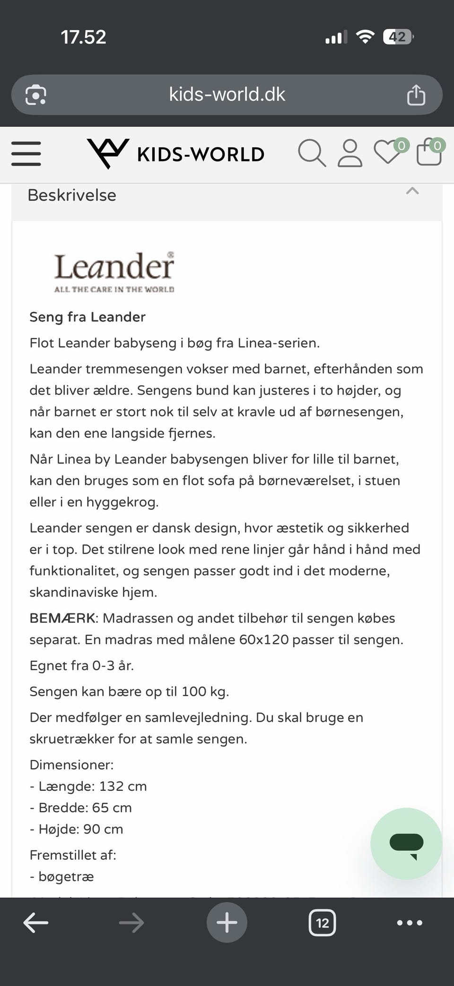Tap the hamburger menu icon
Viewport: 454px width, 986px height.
coord(26,154)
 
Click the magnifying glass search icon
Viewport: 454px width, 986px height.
coord(312,153)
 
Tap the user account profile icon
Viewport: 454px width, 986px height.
coord(350,153)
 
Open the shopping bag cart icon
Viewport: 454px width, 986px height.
coord(429,152)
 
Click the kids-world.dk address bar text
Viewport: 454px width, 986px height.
coord(227,94)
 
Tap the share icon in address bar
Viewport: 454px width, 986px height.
coord(416,95)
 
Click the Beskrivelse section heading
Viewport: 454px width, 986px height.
coord(72,195)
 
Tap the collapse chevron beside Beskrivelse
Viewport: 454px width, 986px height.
coord(412,191)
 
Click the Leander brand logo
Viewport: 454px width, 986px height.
coord(114,272)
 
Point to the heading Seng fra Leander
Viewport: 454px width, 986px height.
coord(87,317)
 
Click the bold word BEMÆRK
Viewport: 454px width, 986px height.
coord(63,618)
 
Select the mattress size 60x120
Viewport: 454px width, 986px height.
coord(264,640)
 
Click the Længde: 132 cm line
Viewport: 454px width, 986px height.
coord(88,786)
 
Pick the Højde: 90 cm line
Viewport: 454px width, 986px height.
coord(77,829)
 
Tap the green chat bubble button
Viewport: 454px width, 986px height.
coord(406,843)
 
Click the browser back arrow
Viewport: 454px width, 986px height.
coord(36,923)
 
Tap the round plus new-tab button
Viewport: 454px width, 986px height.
coord(227,923)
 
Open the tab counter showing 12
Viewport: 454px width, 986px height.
coord(322,923)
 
